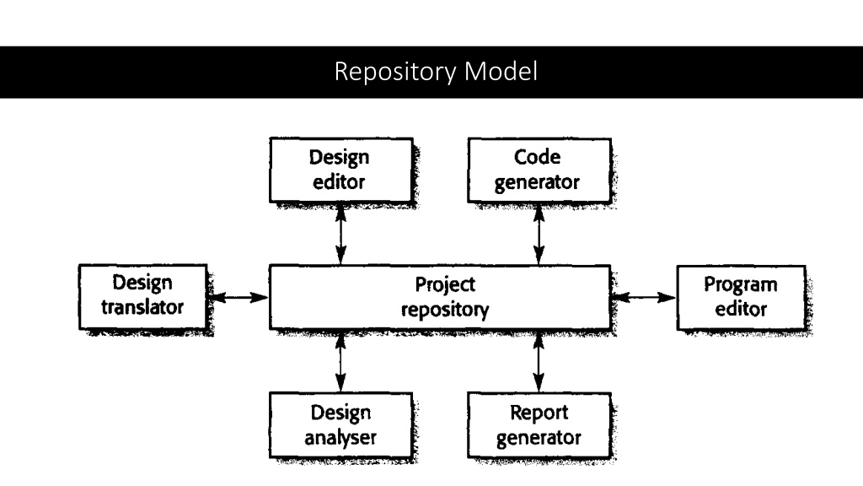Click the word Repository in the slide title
tap(395, 73)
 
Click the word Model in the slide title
tap(501, 71)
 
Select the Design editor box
tap(341, 170)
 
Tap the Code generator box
tap(539, 170)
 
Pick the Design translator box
tap(143, 296)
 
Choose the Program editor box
tap(741, 298)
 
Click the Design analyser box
tap(340, 425)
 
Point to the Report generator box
tap(539, 425)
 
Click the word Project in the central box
tap(445, 285)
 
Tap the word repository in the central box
tap(445, 310)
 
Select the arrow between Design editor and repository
tap(340, 234)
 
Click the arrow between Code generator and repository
tap(539, 234)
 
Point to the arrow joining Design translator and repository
tap(239, 298)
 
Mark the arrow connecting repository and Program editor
tap(644, 298)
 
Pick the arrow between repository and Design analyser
tap(340, 361)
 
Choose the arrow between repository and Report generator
tap(539, 361)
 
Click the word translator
tap(142, 307)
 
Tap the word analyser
tap(340, 438)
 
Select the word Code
tap(537, 157)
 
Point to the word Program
tap(741, 285)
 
